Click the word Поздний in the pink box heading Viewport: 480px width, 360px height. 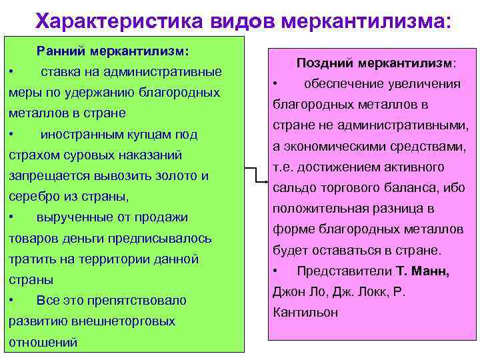324,63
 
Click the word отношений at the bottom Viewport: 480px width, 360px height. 43,342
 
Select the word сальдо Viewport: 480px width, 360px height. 291,187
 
